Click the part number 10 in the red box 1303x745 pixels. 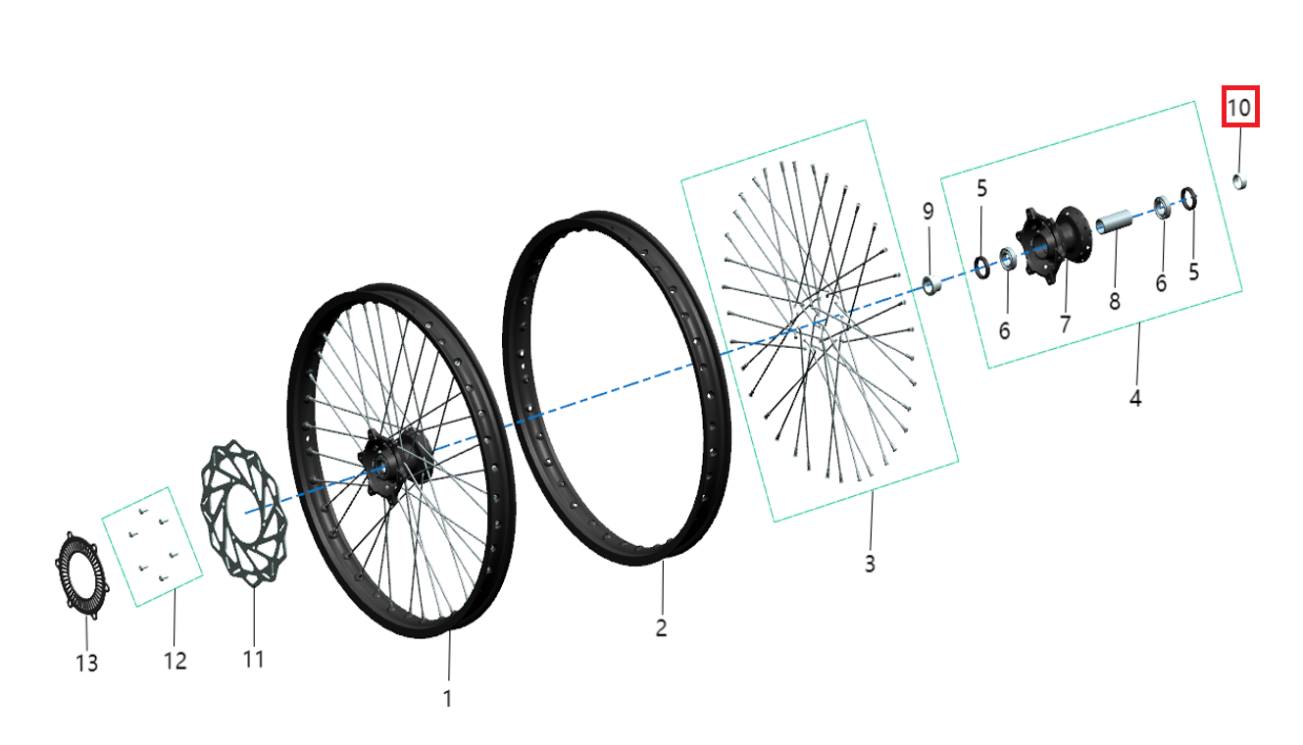coord(1239,107)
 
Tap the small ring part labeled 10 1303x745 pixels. coord(1239,180)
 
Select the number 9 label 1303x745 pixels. coord(927,212)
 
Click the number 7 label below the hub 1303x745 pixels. coord(1066,323)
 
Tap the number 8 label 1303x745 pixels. coord(1115,301)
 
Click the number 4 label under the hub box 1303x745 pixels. coord(1135,399)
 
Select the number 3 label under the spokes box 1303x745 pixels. coord(870,564)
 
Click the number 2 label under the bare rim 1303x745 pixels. coord(662,627)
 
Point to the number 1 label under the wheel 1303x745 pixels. coord(448,699)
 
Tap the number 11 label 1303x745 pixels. coord(253,659)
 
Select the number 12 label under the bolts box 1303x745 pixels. coord(175,661)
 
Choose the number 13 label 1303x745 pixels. coord(86,664)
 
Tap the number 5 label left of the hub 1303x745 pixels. coord(981,189)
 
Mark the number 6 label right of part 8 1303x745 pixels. coord(1161,283)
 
